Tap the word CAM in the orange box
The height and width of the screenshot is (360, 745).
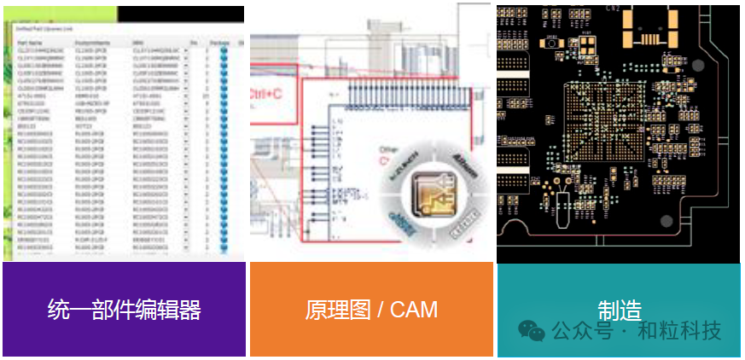pyautogui.click(x=413, y=309)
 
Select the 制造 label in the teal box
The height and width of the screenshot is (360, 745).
pyautogui.click(x=620, y=309)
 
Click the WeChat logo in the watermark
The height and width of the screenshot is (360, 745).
pyautogui.click(x=533, y=330)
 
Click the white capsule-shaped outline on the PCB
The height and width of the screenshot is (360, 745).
pyautogui.click(x=561, y=210)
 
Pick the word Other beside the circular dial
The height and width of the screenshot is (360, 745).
pyautogui.click(x=388, y=149)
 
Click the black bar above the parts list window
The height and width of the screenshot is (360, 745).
pyautogui.click(x=179, y=14)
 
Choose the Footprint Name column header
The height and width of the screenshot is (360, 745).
pyautogui.click(x=93, y=41)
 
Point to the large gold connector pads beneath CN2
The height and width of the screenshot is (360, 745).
pyautogui.click(x=649, y=30)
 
